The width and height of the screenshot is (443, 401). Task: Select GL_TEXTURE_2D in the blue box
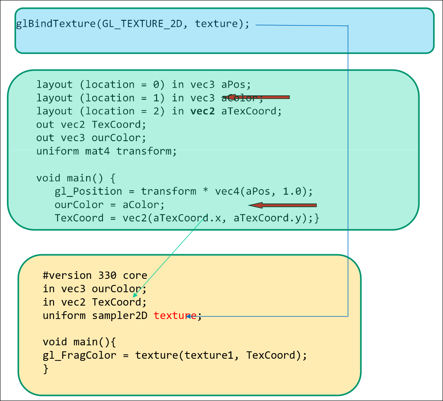[x=142, y=23]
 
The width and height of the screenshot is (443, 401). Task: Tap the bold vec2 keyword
[x=202, y=111]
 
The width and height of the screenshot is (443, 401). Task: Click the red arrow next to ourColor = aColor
[x=283, y=205]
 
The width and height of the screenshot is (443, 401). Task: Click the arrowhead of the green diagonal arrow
[x=135, y=296]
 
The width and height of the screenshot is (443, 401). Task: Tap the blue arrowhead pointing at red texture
[x=189, y=316]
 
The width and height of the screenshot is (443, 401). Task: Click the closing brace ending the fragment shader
[x=46, y=369]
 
